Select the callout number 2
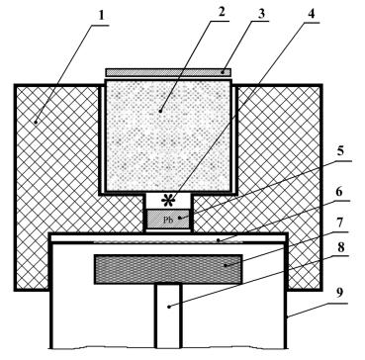point(222,12)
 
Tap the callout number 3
point(261,13)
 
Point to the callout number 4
point(311,15)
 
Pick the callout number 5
point(340,152)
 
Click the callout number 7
point(339,224)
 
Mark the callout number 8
point(339,248)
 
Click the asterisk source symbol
point(169,201)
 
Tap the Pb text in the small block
point(168,220)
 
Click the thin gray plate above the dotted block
point(168,72)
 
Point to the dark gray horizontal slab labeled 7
point(168,269)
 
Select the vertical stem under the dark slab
point(168,315)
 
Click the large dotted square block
point(168,135)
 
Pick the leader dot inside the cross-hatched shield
point(36,122)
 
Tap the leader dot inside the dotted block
point(160,111)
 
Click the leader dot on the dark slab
point(225,265)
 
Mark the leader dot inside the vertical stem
point(168,307)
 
